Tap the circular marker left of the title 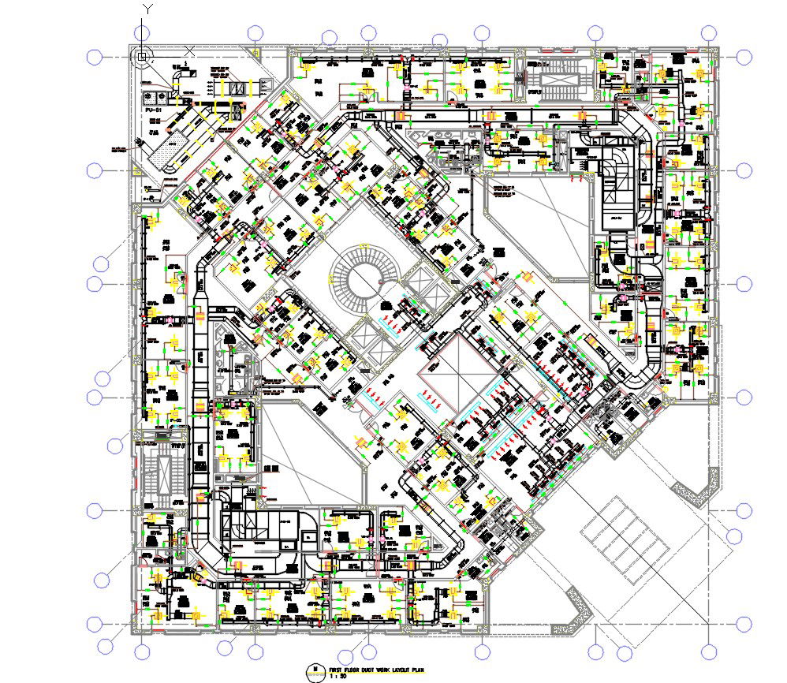point(315,671)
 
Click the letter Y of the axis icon point(147,9)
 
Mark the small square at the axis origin point(142,57)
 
